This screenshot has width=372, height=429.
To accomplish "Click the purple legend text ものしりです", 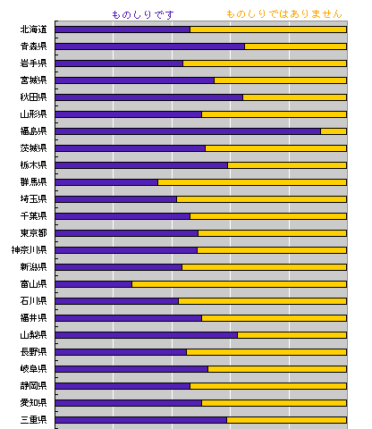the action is (x=143, y=14).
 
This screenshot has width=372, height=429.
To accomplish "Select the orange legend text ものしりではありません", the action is (x=284, y=14).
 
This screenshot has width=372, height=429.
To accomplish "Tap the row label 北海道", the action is (x=33, y=29).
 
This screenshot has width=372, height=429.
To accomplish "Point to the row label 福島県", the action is (x=33, y=131).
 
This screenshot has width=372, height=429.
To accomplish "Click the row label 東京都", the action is (x=33, y=233).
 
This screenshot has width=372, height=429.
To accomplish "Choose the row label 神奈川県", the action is (x=30, y=250).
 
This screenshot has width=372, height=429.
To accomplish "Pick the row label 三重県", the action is (x=33, y=420).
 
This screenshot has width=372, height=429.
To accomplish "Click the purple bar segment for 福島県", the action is (x=188, y=131).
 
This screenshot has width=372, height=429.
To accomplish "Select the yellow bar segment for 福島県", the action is (x=334, y=131).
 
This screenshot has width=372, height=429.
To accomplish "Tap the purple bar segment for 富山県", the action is (x=94, y=284).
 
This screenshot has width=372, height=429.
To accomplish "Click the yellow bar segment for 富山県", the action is (x=239, y=284).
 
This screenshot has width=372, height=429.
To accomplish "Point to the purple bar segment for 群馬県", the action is (x=106, y=182).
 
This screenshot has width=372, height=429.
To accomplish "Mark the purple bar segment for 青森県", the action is (x=150, y=46).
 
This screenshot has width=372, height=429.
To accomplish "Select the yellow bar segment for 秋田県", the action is (x=294, y=97).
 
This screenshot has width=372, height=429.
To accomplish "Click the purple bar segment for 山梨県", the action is (x=147, y=335).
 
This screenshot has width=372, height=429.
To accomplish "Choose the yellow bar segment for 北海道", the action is (x=268, y=29).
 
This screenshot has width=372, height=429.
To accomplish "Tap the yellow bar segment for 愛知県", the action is (x=274, y=403).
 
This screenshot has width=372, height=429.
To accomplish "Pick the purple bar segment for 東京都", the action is (x=127, y=233).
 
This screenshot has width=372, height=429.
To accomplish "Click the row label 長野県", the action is (x=33, y=352).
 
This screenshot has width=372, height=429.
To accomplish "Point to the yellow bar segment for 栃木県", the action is (x=287, y=165).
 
